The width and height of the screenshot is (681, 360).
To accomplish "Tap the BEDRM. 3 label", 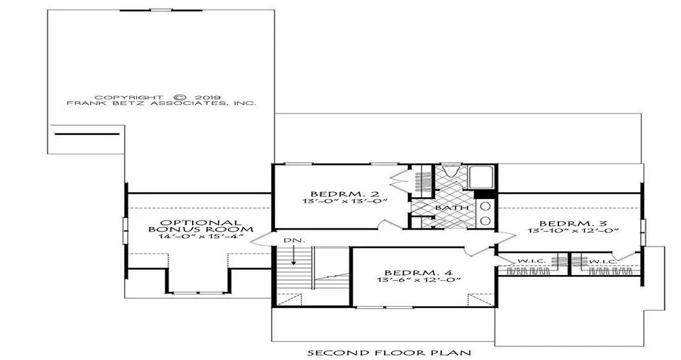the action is [573, 224].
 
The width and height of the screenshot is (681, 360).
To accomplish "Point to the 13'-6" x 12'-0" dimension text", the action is [419, 280].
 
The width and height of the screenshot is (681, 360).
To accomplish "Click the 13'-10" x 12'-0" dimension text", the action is [573, 231].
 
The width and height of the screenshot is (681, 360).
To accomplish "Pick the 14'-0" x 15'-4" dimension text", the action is [200, 237].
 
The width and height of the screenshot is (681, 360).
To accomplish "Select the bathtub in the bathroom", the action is [481, 177].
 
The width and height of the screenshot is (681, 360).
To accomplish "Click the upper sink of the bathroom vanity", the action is [485, 206].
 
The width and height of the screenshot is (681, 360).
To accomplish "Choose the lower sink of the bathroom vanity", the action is [485, 221].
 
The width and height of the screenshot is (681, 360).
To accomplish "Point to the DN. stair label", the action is [289, 240].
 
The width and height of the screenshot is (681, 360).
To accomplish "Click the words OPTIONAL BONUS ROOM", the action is [200, 226].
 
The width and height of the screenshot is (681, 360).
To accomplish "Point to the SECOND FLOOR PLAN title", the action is [389, 352].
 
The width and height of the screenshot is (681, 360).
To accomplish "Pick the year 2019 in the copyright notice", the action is [210, 97].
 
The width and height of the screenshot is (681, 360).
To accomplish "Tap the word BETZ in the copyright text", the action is [123, 103].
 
